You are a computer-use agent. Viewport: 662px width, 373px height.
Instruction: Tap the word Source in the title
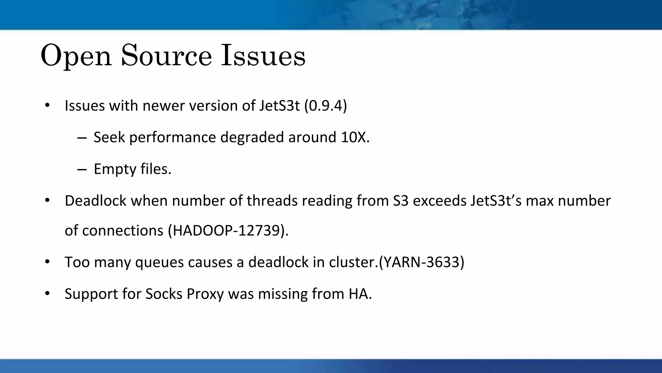point(166,56)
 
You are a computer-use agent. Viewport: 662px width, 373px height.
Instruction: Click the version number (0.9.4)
point(326,106)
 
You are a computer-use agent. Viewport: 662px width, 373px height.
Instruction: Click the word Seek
point(109,137)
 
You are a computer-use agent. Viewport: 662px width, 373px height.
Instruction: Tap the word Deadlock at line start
point(95,201)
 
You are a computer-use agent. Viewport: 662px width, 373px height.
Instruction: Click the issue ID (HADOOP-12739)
point(228,231)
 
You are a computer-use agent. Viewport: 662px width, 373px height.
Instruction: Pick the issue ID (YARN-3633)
point(422,262)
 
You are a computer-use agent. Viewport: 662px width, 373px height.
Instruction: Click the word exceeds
point(440,201)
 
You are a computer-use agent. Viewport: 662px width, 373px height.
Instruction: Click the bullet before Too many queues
point(47,262)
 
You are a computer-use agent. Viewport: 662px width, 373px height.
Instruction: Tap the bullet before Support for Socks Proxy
point(47,293)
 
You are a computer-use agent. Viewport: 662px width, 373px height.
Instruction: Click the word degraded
point(252,137)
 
